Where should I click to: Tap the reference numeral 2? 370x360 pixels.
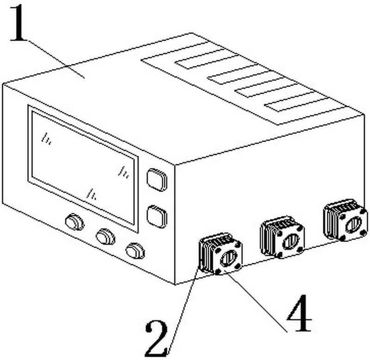click(156, 338)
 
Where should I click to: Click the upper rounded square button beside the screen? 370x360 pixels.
click(157, 180)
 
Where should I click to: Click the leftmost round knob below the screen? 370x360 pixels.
click(74, 222)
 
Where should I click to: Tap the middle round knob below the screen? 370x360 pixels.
click(105, 236)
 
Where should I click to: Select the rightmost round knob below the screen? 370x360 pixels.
click(135, 251)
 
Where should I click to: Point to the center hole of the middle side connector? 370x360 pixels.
click(291, 241)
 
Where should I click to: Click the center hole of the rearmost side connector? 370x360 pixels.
click(353, 224)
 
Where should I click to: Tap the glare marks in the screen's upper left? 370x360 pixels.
click(46, 138)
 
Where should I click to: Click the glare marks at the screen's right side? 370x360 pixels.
click(123, 172)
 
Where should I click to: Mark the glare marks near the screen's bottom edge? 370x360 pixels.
click(92, 194)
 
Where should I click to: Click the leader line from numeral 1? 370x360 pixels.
click(56, 59)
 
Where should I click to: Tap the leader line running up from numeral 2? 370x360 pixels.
click(183, 309)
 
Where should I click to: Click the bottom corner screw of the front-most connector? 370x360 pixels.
click(218, 272)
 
